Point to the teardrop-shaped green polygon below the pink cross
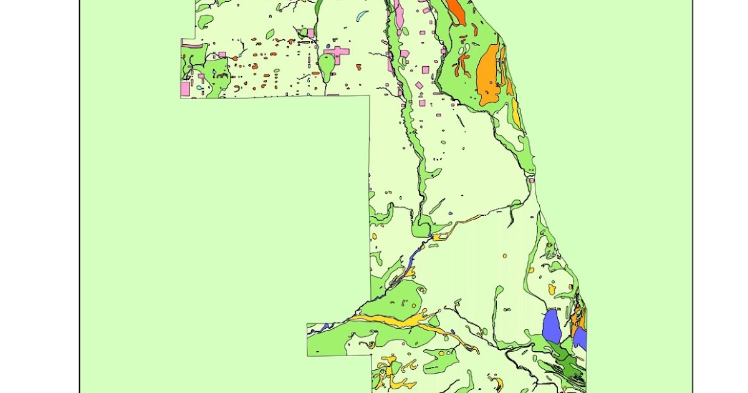pyautogui.click(x=327, y=65)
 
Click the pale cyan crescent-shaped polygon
pyautogui.click(x=362, y=16)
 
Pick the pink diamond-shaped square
pyautogui.click(x=419, y=85)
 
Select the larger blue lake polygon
pyautogui.click(x=551, y=326)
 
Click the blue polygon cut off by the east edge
pyautogui.click(x=580, y=338)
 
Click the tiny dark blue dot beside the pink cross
pyautogui.click(x=328, y=47)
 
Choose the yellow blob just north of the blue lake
pyautogui.click(x=551, y=289)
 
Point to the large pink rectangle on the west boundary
pyautogui.click(x=185, y=89)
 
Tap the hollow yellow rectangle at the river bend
pyautogui.click(x=441, y=236)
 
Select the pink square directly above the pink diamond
pyautogui.click(x=425, y=69)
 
